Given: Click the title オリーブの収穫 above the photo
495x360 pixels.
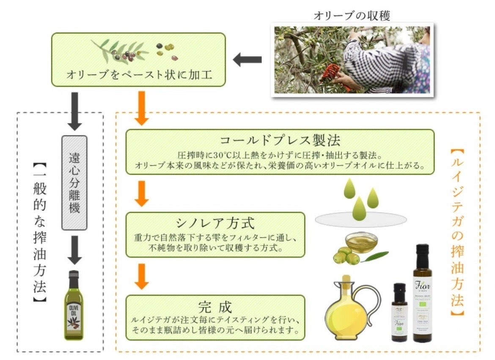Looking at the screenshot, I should tap(352, 16).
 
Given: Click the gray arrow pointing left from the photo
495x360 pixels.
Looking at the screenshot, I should tap(247, 60).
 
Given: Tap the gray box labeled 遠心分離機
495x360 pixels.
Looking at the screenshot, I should tap(74, 182).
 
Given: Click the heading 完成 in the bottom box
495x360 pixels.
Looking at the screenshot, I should tap(215, 305).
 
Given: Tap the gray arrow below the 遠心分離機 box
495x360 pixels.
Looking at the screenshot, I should tap(74, 249).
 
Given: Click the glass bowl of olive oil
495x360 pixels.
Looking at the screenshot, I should tap(360, 242).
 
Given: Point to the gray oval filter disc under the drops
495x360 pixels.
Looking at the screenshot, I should tap(361, 219).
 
